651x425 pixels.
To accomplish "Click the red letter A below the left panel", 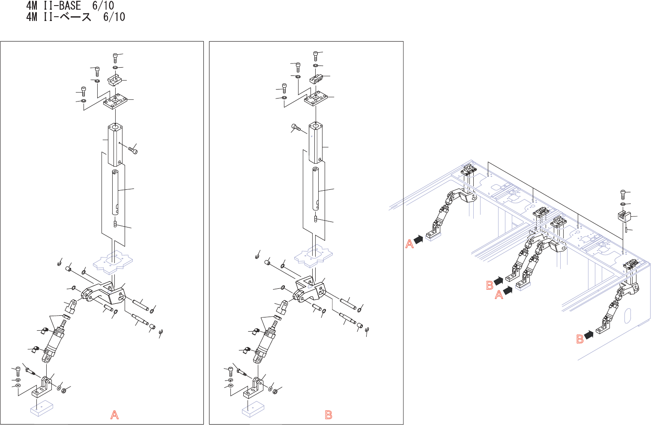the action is point(114,415).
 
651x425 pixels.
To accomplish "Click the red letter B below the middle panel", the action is point(328,415).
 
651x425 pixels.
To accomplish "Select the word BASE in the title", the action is point(68,6).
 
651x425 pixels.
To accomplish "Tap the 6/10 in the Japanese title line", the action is point(114,17).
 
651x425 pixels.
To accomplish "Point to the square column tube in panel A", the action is point(115,145).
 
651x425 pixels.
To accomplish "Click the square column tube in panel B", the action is point(316,143).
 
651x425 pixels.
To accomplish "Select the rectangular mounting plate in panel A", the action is point(115,102).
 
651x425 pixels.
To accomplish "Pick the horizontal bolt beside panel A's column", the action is point(133,150).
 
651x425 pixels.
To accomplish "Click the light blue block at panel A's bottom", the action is point(42,407).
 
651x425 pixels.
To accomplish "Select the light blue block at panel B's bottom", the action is point(253,409).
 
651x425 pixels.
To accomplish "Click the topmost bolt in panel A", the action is point(115,57).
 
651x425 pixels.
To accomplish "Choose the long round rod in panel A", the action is point(115,192).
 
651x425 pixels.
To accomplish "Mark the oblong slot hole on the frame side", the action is point(627,316).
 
